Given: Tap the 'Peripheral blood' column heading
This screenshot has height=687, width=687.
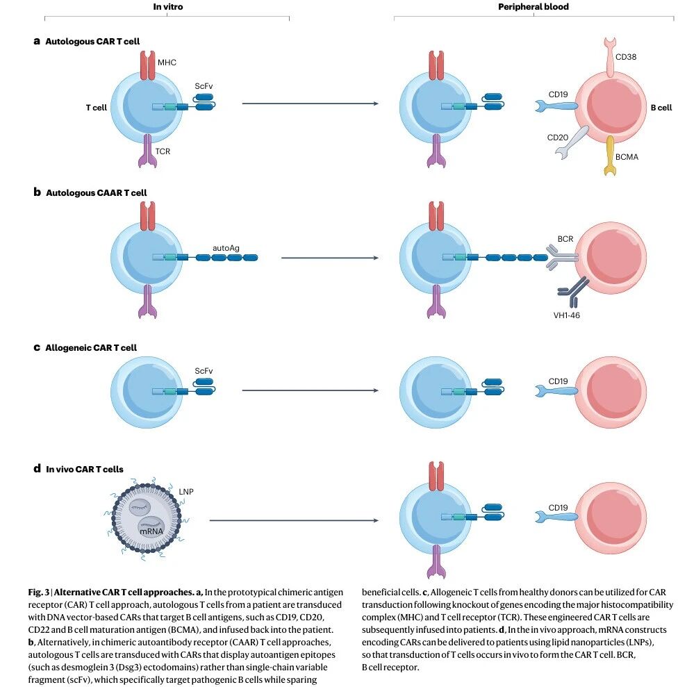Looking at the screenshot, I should (x=533, y=7).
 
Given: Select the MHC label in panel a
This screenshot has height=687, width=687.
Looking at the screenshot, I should (x=167, y=63).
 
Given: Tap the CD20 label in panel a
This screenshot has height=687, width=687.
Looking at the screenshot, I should (x=558, y=138).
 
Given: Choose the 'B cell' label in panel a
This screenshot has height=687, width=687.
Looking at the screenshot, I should (x=661, y=108).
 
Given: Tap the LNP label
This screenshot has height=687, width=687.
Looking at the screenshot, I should (x=186, y=492).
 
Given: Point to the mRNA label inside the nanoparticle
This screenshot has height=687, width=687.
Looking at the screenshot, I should (x=151, y=531).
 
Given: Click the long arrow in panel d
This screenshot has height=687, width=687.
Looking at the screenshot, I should (x=292, y=520).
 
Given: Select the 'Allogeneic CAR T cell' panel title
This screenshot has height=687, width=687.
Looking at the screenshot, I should (x=91, y=347).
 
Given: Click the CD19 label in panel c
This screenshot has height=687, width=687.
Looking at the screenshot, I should (x=558, y=381).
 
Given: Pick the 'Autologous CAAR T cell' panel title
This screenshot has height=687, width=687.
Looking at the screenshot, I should (x=96, y=192).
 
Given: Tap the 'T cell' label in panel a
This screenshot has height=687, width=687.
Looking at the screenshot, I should (x=96, y=108).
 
